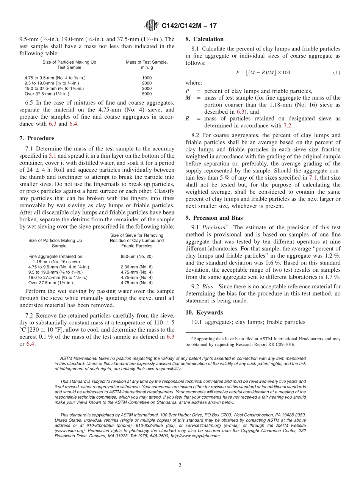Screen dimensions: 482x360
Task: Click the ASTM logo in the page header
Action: click(x=152, y=26)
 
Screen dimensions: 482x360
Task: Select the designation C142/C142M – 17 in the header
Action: click(x=189, y=26)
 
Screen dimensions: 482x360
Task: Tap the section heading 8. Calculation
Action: click(x=205, y=39)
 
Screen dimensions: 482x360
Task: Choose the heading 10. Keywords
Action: click(x=204, y=313)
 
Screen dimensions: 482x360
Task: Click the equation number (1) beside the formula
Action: click(x=336, y=72)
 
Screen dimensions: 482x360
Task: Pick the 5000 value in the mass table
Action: click(x=147, y=94)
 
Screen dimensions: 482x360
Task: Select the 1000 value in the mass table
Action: click(x=147, y=78)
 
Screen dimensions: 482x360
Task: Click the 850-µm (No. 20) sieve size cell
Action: click(x=136, y=257)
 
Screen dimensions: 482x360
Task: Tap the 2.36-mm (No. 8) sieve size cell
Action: click(x=136, y=267)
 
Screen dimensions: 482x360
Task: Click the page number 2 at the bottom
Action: click(x=180, y=466)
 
